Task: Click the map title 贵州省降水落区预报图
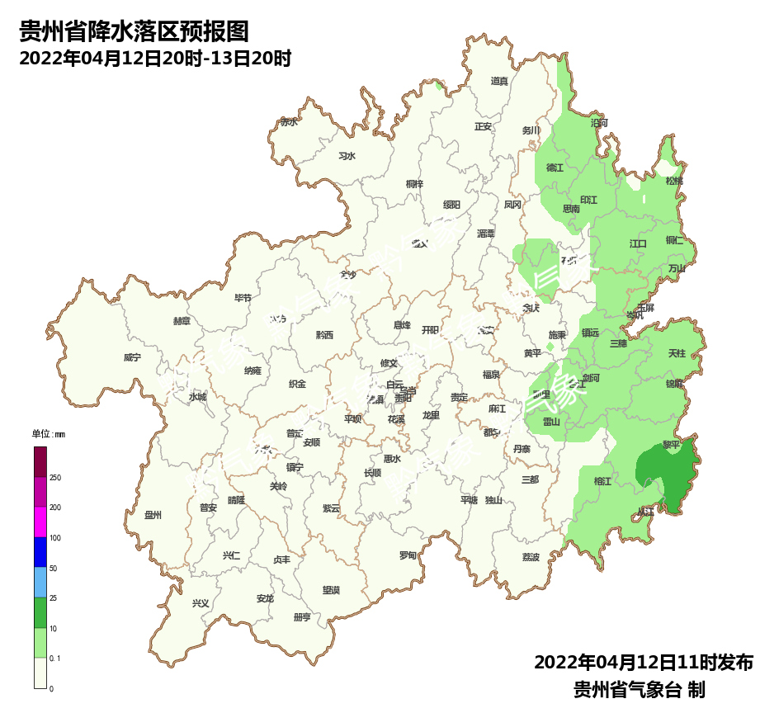click(x=134, y=32)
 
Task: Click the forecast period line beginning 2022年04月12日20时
click(x=155, y=59)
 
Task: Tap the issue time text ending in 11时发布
click(x=643, y=663)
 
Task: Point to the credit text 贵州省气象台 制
click(x=639, y=689)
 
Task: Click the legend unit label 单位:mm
click(x=48, y=434)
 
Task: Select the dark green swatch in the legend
click(x=40, y=612)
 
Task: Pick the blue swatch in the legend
click(x=40, y=552)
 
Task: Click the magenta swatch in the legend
click(x=40, y=522)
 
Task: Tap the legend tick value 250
click(x=55, y=478)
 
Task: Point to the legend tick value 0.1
click(x=55, y=658)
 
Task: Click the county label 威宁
click(x=132, y=358)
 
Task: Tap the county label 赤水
click(x=289, y=121)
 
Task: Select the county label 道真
click(x=499, y=81)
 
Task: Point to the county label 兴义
click(x=201, y=603)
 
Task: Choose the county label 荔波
click(x=530, y=557)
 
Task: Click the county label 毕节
click(x=243, y=298)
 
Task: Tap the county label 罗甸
click(x=408, y=555)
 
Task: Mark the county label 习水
click(x=347, y=156)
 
